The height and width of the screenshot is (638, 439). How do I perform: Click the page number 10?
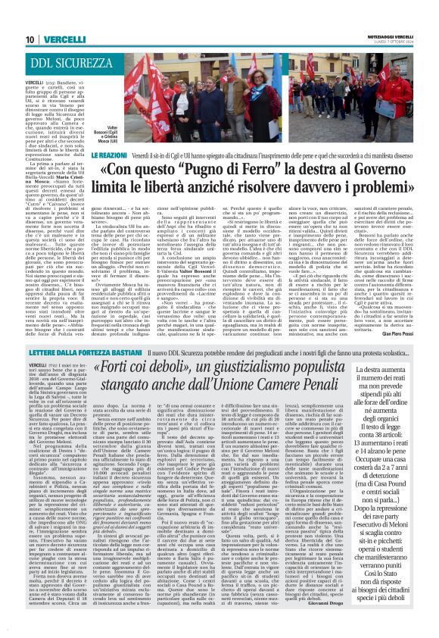point(29,39)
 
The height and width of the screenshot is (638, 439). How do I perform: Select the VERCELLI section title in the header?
point(64,39)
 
